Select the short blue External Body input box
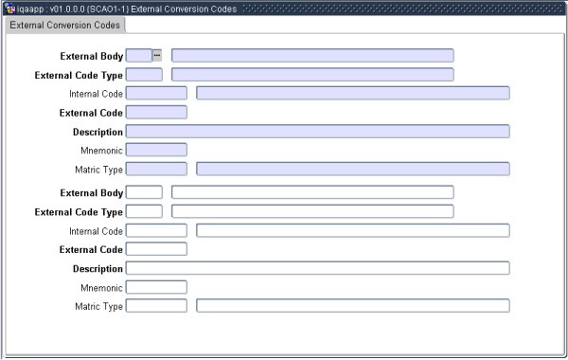tap(138, 55)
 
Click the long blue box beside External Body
tap(312, 55)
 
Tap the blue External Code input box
tap(156, 112)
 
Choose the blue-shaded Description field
tap(317, 131)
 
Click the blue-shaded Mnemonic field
tap(156, 150)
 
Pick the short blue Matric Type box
tap(156, 169)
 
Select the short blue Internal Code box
tap(156, 93)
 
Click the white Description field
tap(317, 268)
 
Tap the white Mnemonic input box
tap(156, 287)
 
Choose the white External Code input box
tap(156, 249)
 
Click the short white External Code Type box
tap(144, 211)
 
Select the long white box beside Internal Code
tap(352, 230)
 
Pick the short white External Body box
tap(144, 192)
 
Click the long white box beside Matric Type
tap(352, 306)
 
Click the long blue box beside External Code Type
tap(312, 74)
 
